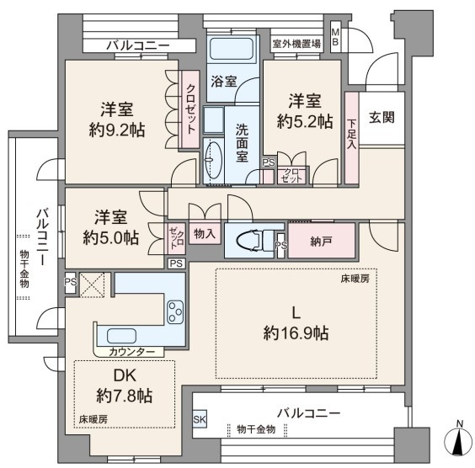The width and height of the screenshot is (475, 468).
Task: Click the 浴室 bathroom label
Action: [224, 82]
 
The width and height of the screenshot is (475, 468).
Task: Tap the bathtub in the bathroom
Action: [231, 49]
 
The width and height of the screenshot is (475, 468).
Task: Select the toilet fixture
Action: [254, 241]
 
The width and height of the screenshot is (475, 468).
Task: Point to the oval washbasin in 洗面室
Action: [214, 160]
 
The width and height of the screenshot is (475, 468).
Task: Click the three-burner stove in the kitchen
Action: [175, 311]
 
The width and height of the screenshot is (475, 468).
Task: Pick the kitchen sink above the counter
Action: [121, 336]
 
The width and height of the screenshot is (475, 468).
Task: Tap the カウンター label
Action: [131, 352]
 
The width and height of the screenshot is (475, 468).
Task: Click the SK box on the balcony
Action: [200, 419]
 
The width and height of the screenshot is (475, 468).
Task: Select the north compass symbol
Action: [459, 440]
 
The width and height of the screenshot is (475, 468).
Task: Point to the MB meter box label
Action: [335, 36]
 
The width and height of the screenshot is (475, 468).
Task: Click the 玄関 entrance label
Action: [382, 118]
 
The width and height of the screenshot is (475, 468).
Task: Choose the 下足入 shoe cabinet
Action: [352, 138]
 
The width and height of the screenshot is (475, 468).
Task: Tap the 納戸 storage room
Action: [321, 241]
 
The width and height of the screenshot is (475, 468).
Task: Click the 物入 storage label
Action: [205, 233]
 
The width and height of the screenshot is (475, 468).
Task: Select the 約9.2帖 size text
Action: [117, 130]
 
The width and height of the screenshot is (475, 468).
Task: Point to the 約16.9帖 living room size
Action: [296, 333]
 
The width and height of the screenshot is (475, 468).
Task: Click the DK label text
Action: [125, 375]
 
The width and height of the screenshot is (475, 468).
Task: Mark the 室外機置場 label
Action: [296, 44]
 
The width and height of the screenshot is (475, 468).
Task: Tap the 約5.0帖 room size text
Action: [111, 237]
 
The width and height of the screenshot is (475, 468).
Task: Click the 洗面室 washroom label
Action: [242, 143]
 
